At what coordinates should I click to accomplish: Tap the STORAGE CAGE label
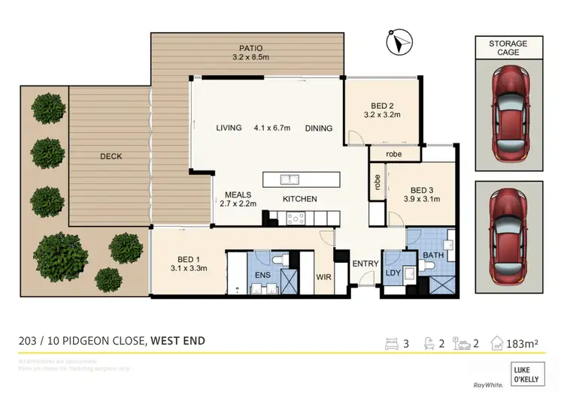pyautogui.click(x=508, y=48)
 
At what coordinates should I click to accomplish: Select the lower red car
pyautogui.click(x=508, y=236)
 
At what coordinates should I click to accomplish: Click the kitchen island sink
pyautogui.click(x=290, y=180)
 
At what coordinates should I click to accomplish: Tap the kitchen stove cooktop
pyautogui.click(x=294, y=219)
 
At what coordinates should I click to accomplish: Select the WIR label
pyautogui.click(x=324, y=276)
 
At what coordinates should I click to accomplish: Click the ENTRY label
pyautogui.click(x=365, y=264)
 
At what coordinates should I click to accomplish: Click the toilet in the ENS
pyautogui.click(x=277, y=258)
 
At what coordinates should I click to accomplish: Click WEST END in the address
pyautogui.click(x=177, y=341)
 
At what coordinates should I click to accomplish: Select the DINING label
pyautogui.click(x=319, y=128)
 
